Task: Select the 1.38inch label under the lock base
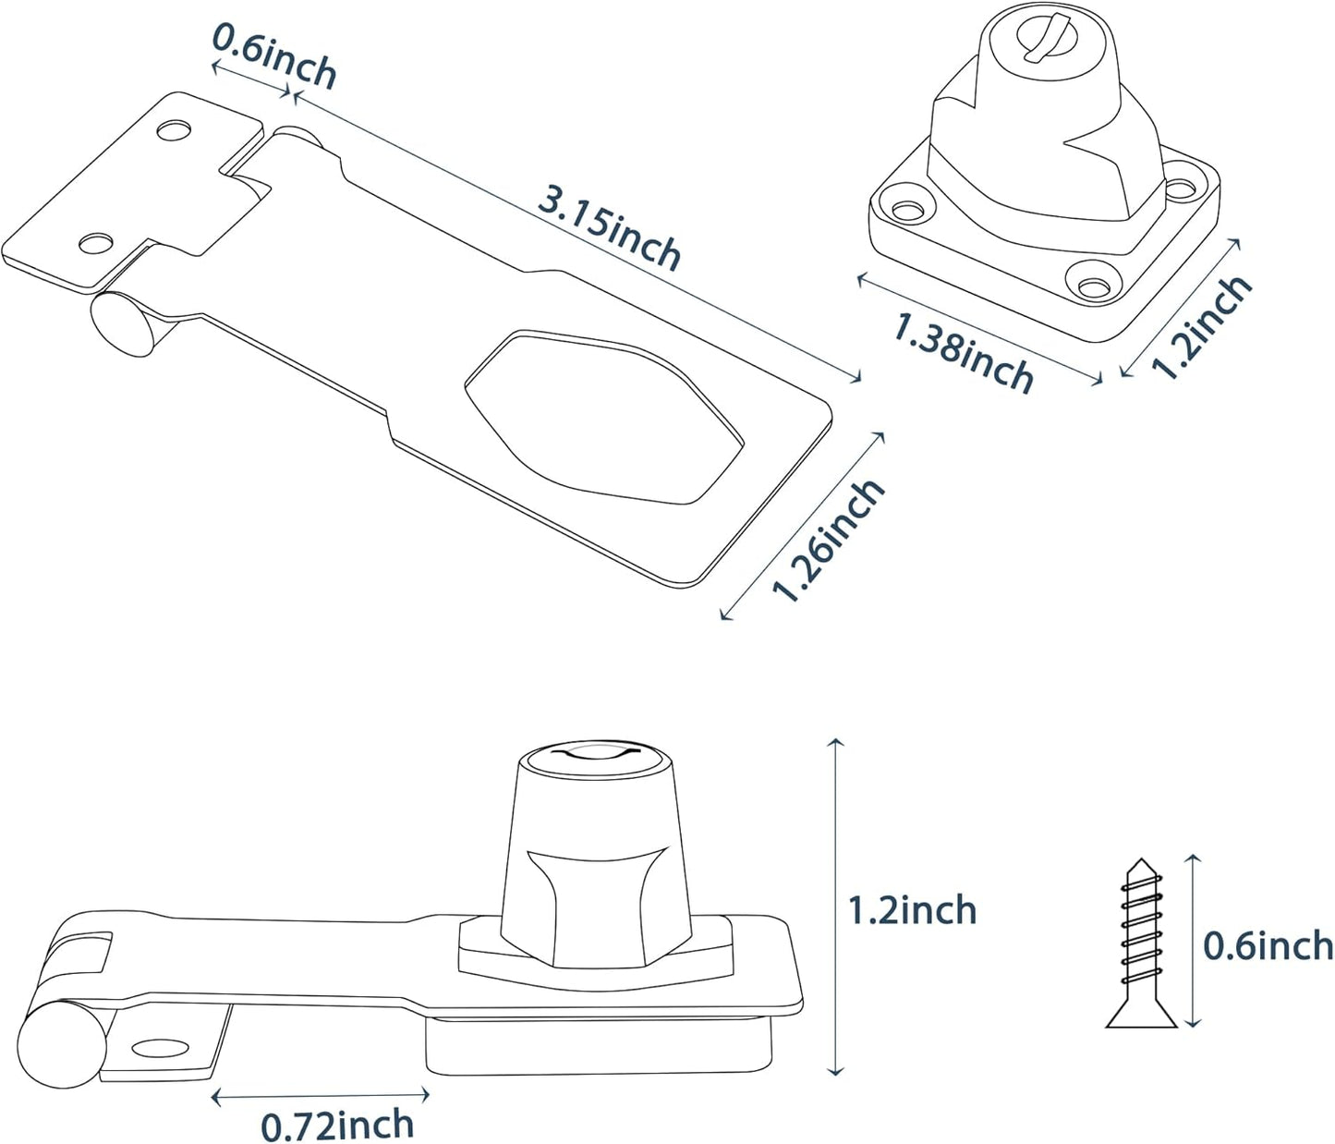tap(964, 352)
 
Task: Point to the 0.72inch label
tap(337, 1125)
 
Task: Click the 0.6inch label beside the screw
tap(1268, 945)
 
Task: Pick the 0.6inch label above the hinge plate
tap(274, 56)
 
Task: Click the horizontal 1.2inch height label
tap(912, 910)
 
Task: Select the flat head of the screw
tap(1142, 1016)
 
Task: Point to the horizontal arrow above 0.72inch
tap(321, 1097)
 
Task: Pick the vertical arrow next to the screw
tap(1193, 941)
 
